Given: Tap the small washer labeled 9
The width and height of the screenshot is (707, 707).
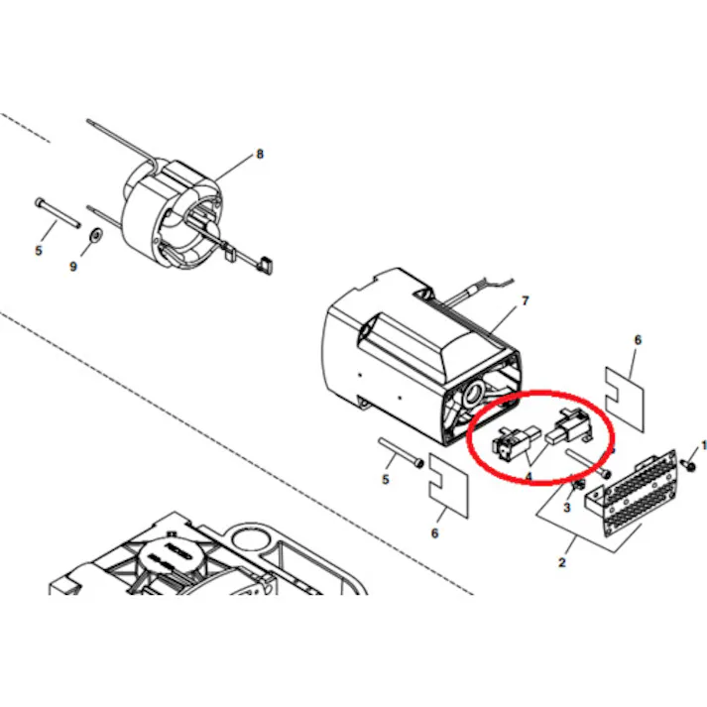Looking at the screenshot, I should (x=96, y=236).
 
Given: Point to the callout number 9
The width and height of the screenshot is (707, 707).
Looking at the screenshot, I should (x=72, y=266).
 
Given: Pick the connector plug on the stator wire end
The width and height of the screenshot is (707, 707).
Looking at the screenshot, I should (x=266, y=263).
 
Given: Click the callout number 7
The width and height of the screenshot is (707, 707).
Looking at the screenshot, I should (x=526, y=300).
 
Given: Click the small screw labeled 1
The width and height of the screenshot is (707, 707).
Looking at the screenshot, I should (x=685, y=465).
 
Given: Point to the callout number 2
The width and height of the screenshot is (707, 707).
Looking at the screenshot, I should (x=562, y=563).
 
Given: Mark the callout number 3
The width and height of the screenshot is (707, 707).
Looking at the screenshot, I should (x=566, y=507).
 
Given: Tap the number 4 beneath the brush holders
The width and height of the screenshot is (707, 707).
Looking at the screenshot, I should (x=530, y=476).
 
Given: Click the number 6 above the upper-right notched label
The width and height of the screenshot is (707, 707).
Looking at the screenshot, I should (x=638, y=340).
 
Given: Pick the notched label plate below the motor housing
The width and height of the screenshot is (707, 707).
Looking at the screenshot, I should (x=446, y=489).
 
